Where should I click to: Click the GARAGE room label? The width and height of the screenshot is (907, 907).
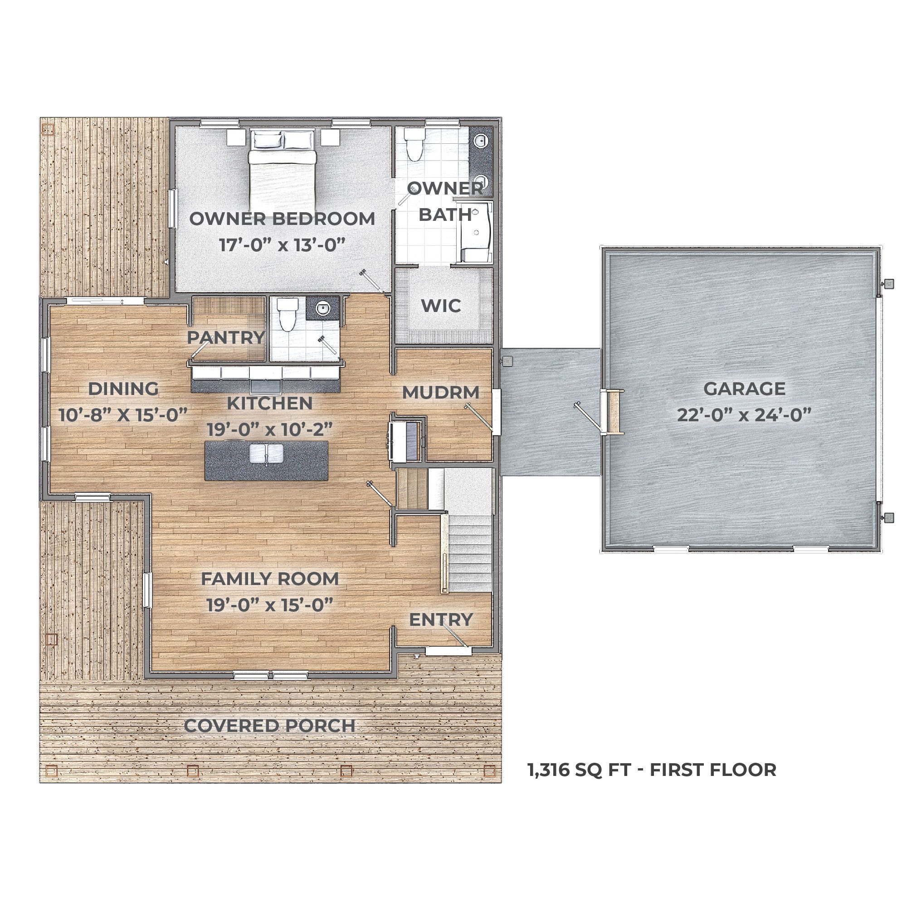(x=744, y=389)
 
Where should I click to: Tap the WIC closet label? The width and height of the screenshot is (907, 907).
(x=441, y=306)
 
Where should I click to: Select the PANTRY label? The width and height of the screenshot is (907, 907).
(x=226, y=337)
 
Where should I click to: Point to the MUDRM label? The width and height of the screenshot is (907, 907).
(x=441, y=392)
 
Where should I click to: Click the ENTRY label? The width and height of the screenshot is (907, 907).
(x=441, y=619)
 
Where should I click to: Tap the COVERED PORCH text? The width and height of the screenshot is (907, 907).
(x=269, y=726)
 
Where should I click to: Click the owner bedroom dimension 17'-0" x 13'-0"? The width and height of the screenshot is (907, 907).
(x=283, y=244)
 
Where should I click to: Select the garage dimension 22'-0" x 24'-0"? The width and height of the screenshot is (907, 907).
(x=744, y=414)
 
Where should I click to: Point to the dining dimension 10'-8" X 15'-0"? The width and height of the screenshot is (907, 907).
(x=123, y=414)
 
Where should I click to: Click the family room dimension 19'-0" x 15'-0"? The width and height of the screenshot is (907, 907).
(x=270, y=605)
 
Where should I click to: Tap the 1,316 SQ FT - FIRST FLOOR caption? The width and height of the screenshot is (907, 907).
(x=652, y=770)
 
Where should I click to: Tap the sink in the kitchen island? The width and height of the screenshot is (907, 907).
(x=266, y=453)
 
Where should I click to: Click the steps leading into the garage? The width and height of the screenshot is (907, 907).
(x=613, y=411)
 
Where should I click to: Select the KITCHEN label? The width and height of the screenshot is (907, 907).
(x=269, y=403)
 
